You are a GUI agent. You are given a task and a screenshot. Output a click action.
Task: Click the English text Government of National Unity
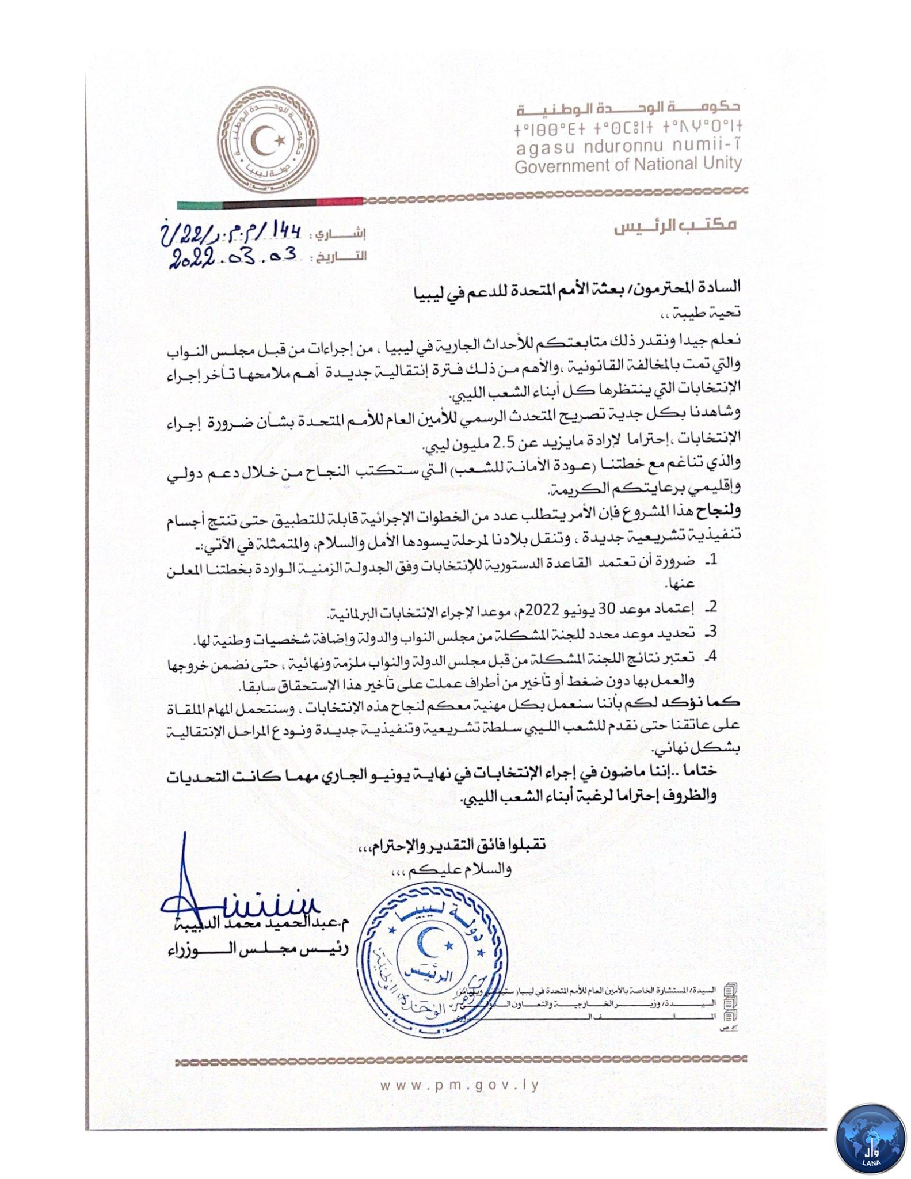628,165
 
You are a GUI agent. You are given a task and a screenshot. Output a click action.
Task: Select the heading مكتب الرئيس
674,226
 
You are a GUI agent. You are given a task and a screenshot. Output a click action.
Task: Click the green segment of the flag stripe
199,204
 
